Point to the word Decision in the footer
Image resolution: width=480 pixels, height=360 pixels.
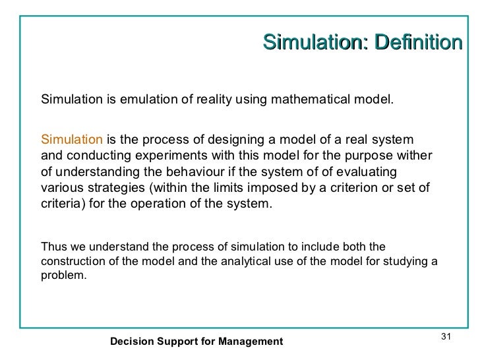(x=132, y=342)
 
